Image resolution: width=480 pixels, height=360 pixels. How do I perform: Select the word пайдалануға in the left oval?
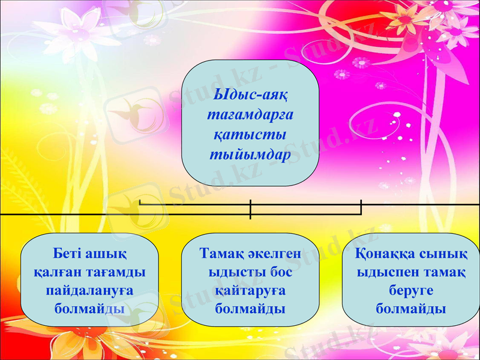90,290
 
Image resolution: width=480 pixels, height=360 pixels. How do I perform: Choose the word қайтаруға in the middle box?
250,290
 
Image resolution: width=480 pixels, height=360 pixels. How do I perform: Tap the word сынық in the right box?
440,253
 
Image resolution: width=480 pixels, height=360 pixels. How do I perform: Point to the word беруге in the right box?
410,290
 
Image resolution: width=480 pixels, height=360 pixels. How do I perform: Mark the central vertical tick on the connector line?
250,209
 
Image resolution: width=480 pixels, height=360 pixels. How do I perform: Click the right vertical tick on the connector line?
361,206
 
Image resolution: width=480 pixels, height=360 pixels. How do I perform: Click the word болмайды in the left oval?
89,309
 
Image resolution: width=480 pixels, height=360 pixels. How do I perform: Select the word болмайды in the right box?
410,309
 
